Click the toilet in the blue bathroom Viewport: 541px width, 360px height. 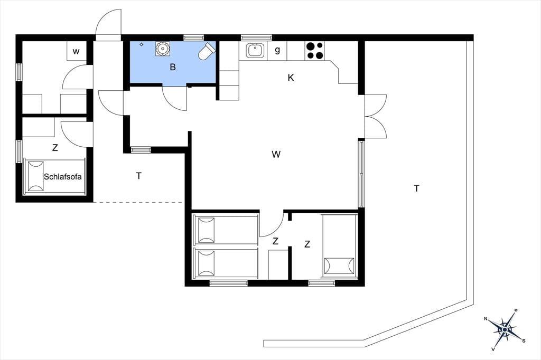coord(207,51)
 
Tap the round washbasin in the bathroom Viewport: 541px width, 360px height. coord(162,49)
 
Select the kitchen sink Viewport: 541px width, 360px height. coord(255,50)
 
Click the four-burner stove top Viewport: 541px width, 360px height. coord(315,50)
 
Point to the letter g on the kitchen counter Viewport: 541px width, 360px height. coord(277,50)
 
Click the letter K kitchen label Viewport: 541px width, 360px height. coord(291,78)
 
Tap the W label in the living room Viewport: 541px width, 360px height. coord(276,154)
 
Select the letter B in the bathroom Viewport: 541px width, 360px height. coord(173,67)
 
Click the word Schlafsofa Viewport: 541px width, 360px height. coord(63,176)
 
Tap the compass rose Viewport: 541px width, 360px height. coord(505,330)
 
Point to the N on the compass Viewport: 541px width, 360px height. coord(486,319)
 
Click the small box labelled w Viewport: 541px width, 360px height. coord(76,51)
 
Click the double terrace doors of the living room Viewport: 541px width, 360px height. coord(376,117)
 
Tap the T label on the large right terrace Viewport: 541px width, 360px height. coord(417,188)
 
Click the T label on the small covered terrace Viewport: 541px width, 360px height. coord(139,176)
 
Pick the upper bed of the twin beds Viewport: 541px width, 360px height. coord(226,230)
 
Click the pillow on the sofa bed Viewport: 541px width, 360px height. coord(35,176)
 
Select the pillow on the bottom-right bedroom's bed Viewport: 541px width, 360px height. coord(340,266)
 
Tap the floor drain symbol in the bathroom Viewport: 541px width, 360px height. coord(142,44)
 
